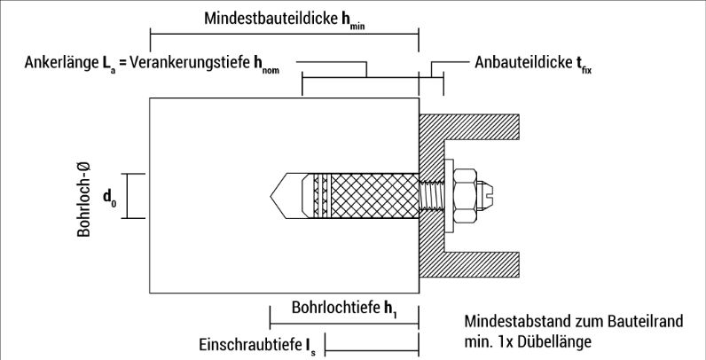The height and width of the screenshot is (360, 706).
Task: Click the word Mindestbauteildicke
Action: point(271,19)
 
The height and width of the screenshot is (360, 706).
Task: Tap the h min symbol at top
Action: point(353,20)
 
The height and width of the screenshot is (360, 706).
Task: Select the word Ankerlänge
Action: point(61,63)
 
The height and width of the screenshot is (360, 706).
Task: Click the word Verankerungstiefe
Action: point(191,63)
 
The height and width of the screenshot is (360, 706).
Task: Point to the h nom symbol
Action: point(266,65)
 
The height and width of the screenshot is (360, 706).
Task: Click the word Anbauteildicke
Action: point(522,63)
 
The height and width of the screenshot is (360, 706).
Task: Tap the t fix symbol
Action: point(583,65)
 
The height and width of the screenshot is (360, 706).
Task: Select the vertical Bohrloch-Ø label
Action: point(83,200)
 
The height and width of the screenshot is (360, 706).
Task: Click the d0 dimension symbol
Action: point(110,198)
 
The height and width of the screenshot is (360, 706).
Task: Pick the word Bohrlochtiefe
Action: point(336,308)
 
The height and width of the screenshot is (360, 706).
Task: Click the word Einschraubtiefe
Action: point(250,345)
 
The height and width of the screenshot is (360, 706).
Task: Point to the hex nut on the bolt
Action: point(465,196)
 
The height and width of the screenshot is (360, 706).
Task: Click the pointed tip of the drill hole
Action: point(271,196)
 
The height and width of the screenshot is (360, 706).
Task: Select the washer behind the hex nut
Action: point(449,196)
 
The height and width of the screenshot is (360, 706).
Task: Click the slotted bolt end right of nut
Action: point(485,196)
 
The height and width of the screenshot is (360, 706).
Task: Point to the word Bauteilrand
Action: point(646,321)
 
